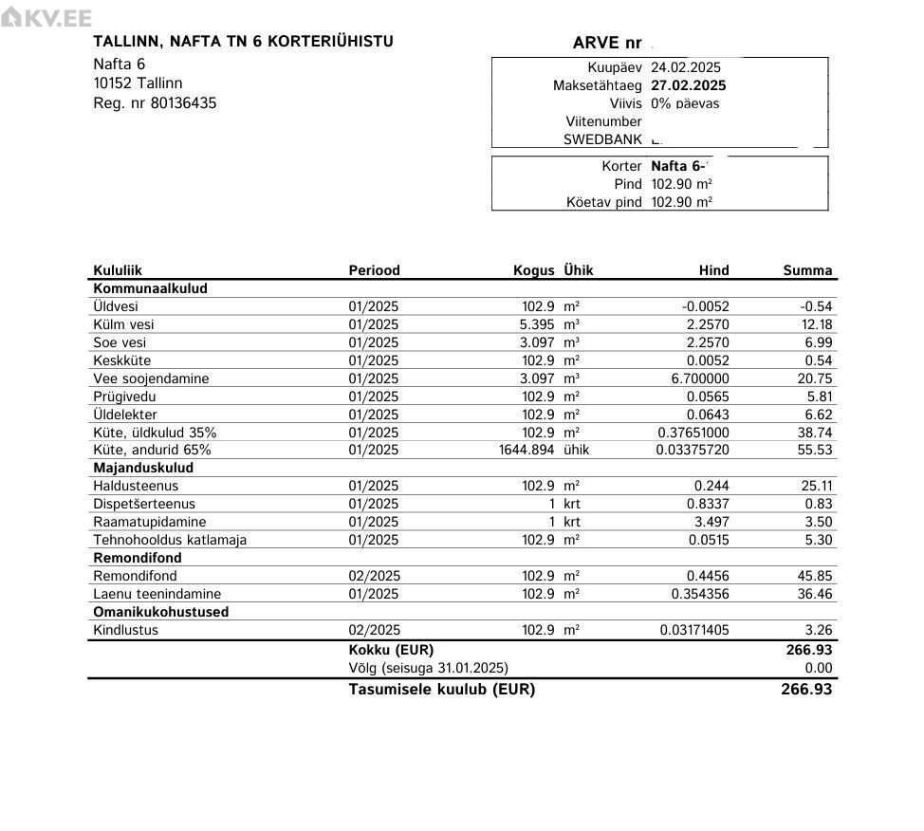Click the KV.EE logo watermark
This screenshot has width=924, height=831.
coord(46,18)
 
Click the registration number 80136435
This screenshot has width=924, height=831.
coord(183,102)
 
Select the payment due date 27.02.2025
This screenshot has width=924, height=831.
coord(688,85)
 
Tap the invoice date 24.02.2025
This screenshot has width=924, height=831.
coord(685,67)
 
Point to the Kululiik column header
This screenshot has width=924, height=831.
coord(118,270)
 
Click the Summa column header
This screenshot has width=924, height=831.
coord(807,270)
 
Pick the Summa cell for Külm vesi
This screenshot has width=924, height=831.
coord(816,324)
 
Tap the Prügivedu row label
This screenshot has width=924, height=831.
coord(124,397)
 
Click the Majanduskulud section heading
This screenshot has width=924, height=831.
coord(143,468)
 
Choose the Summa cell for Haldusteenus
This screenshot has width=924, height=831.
coord(816,486)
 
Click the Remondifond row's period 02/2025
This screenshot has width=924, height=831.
coord(374,576)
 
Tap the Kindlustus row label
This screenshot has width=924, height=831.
coord(125,630)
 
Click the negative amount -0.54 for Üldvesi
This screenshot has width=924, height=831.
coord(816,306)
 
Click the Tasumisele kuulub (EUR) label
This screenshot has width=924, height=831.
coord(441,690)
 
